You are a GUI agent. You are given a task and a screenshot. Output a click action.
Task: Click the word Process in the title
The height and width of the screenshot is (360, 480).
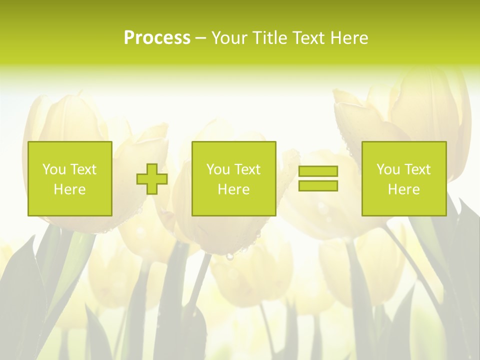click(157, 38)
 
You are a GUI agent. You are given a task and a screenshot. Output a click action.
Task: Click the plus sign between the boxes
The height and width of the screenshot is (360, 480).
click(152, 179)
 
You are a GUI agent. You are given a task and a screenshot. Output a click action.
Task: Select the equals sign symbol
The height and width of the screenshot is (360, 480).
click(318, 178)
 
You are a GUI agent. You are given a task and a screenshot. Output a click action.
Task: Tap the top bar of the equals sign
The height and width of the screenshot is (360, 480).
click(318, 171)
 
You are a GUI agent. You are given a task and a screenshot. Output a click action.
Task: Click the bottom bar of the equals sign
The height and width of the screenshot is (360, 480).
click(318, 185)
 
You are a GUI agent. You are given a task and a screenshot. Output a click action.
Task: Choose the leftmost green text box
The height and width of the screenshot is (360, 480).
click(70, 178)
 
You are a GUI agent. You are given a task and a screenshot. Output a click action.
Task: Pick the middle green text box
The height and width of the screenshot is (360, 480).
click(233, 178)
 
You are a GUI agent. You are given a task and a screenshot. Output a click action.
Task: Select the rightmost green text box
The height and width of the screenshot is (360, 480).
click(403, 178)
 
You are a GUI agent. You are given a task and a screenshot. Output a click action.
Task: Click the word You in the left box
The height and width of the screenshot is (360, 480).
click(53, 169)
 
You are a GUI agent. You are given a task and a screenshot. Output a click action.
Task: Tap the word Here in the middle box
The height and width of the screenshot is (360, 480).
click(233, 189)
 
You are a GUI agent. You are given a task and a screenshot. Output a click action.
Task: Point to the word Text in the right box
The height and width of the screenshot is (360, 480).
click(417, 169)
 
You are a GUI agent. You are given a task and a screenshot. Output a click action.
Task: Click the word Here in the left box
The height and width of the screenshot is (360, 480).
click(69, 189)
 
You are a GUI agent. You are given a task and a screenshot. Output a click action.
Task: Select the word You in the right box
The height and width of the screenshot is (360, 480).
click(387, 169)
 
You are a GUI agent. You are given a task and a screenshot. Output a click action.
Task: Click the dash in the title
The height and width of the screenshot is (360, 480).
click(201, 38)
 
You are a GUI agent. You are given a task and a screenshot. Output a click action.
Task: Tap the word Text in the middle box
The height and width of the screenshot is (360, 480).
click(247, 169)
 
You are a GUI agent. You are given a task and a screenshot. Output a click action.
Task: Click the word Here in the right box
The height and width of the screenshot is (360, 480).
click(403, 189)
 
